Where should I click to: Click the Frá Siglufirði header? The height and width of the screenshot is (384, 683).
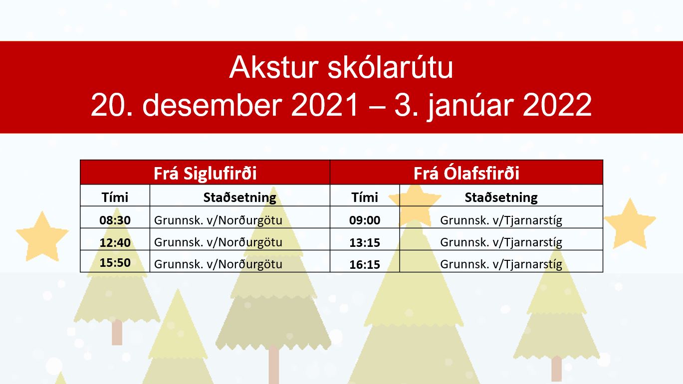point(205,173)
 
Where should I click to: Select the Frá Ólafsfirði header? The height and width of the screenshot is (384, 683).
point(466,173)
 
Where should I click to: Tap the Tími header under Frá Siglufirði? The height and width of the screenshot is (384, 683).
point(115,197)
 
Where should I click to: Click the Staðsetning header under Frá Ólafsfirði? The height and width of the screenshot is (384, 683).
point(501,197)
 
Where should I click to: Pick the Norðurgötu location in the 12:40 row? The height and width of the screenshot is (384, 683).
point(218,242)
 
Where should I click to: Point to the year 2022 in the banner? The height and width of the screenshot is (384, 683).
point(557,105)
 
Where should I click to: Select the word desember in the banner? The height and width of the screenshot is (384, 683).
point(212,105)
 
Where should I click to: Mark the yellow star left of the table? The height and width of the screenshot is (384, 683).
point(42,236)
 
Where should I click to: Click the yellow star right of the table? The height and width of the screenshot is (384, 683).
point(630,224)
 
